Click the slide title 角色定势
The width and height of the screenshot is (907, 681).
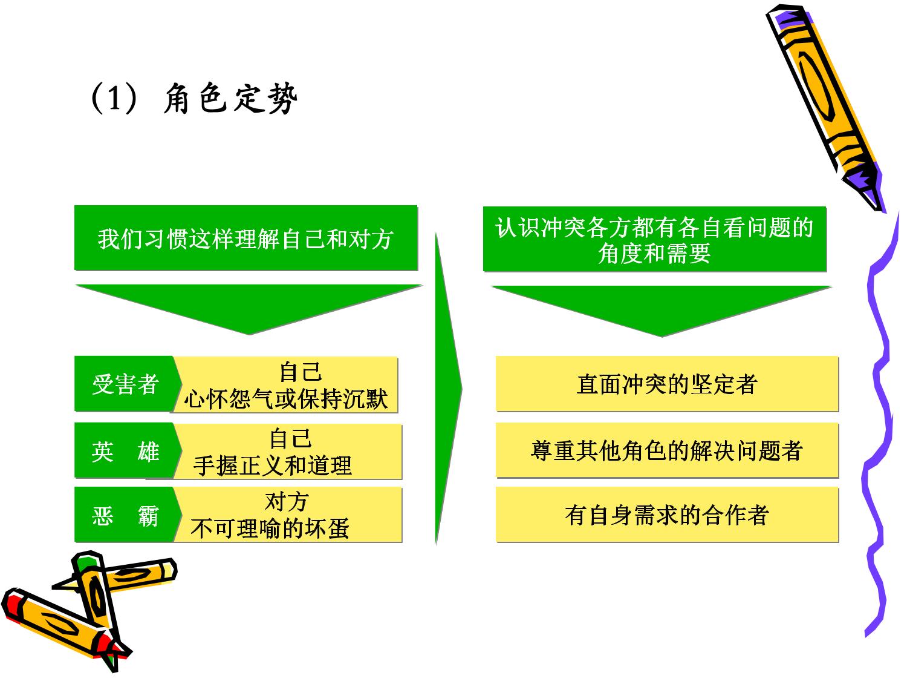coord(230,98)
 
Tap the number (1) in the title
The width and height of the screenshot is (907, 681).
coord(114,98)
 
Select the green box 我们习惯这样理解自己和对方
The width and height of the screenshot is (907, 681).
coord(246,238)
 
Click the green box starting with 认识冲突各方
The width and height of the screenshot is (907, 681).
coord(654,239)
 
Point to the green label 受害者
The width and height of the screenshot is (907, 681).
coord(126,384)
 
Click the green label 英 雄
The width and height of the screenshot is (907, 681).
coord(126,451)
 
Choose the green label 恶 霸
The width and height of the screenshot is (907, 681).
coord(126,515)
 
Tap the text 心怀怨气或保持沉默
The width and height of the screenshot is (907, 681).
coord(286,399)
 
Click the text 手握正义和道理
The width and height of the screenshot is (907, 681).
coord(273,466)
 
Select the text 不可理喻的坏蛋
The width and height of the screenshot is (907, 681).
coord(270,528)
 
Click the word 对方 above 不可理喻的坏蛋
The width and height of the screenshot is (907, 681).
coord(287,502)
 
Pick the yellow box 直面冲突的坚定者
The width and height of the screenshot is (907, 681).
coord(667,384)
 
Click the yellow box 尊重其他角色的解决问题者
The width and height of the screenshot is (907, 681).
coord(667,450)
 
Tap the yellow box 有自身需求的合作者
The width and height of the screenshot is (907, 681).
coord(667,515)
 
